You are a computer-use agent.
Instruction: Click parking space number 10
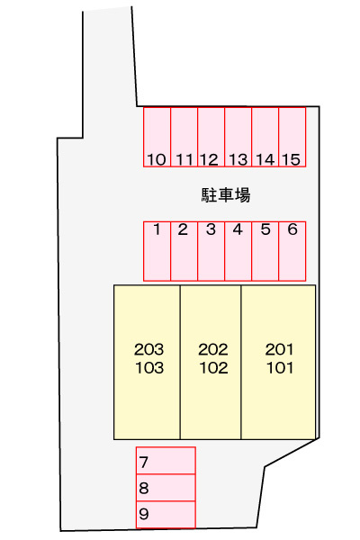[157, 137]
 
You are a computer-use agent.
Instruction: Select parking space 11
[184, 137]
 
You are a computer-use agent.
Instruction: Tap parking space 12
[211, 137]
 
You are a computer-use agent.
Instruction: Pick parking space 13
[238, 137]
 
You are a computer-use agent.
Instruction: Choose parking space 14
[265, 137]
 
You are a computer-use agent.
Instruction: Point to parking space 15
[292, 137]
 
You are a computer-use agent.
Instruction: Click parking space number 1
[157, 251]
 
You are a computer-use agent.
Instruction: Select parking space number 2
[184, 251]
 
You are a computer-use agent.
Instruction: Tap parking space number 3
[211, 251]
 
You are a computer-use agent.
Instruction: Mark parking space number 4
[238, 251]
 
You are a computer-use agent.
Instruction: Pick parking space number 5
[265, 251]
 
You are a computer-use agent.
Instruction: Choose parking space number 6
[292, 251]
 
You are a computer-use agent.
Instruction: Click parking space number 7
[166, 461]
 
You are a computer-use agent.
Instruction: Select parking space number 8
[166, 488]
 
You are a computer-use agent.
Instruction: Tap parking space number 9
[166, 515]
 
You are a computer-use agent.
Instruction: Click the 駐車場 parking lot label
[226, 195]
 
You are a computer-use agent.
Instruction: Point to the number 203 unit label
[148, 349]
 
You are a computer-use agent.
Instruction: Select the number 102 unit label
[213, 368]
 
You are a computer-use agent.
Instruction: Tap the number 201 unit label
[279, 349]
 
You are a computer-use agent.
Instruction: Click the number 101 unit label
[280, 368]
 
